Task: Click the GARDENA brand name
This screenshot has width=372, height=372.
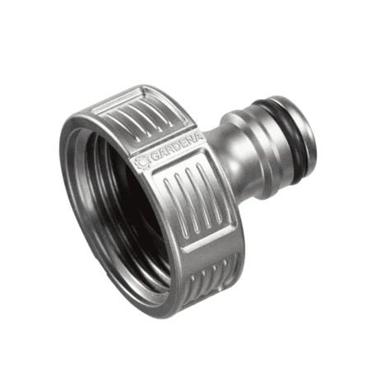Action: coord(177,148)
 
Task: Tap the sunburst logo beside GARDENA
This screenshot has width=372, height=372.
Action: coord(142,162)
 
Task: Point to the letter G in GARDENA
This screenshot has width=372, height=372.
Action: coord(155,158)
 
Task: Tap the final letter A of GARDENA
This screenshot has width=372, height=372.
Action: coord(200,137)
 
